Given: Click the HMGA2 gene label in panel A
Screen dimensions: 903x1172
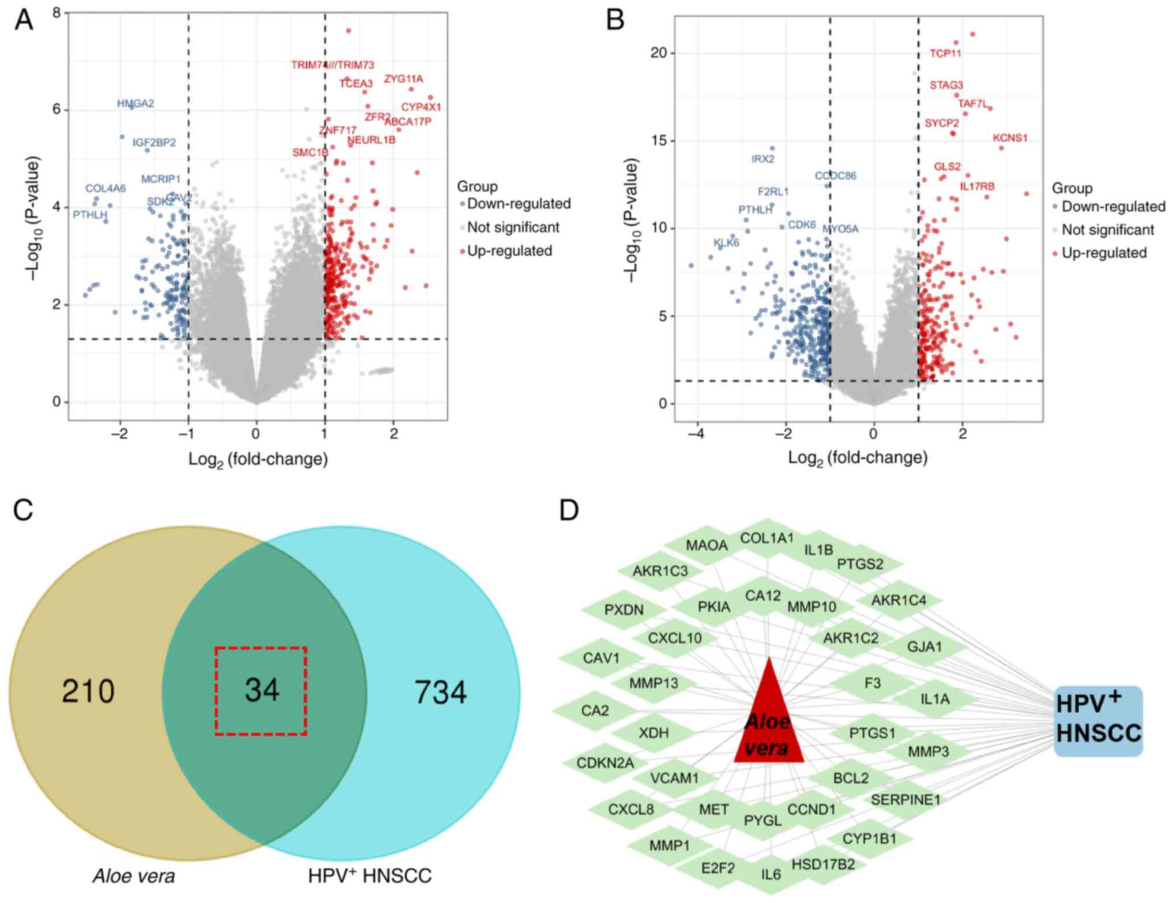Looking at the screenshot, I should tap(136, 104).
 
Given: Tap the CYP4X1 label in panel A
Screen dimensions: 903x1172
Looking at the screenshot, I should tap(421, 107).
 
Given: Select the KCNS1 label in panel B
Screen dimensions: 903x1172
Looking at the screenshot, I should tap(1010, 138).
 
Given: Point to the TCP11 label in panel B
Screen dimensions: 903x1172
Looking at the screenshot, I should tap(945, 54).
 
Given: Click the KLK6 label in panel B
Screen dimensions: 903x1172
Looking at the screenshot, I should tap(726, 243).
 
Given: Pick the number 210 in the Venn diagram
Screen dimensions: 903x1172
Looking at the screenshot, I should tap(88, 691).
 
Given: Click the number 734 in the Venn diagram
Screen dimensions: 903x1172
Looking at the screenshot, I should tap(441, 692).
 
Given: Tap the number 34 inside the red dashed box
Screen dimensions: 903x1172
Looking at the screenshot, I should tap(262, 690).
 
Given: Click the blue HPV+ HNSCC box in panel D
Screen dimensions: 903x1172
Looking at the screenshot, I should tap(1098, 721).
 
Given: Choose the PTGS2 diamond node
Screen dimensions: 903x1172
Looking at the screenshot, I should tap(860, 564).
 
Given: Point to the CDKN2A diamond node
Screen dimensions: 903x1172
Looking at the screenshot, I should tap(605, 763).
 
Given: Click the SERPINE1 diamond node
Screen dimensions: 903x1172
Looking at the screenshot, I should tap(905, 800).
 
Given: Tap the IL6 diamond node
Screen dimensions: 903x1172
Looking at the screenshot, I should tap(771, 874).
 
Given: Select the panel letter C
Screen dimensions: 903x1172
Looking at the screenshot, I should tap(23, 511).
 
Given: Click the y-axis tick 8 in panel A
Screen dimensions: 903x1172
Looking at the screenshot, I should tap(57, 12).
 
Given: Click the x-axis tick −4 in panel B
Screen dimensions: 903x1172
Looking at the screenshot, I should tap(696, 434).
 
